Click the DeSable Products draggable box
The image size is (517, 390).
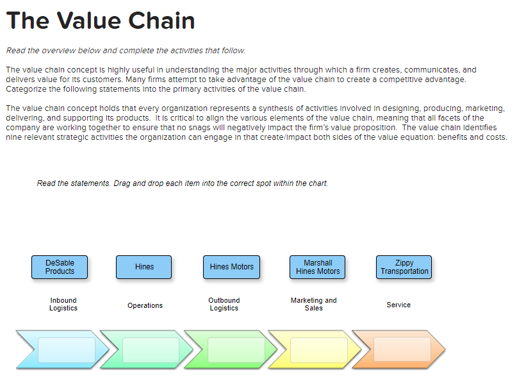click(x=60, y=267)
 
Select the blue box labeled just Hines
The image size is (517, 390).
click(x=144, y=267)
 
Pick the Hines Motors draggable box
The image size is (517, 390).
click(x=232, y=267)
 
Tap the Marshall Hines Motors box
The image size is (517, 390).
click(x=318, y=267)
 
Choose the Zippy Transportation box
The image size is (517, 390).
click(x=404, y=267)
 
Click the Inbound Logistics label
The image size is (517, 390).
click(x=63, y=304)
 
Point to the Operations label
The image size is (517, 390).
click(x=145, y=305)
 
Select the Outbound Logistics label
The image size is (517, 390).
click(x=224, y=304)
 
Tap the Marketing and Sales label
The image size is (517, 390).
click(x=313, y=304)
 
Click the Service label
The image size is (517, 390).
click(x=398, y=305)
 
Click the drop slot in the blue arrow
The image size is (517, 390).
click(x=67, y=350)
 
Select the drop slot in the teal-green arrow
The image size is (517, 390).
click(x=151, y=350)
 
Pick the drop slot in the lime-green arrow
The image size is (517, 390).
click(x=236, y=350)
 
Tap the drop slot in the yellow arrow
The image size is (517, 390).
click(x=319, y=350)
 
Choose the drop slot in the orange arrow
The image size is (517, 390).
click(x=402, y=350)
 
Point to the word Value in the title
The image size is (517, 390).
click(x=89, y=21)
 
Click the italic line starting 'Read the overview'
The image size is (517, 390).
click(x=126, y=51)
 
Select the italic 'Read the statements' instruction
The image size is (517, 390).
click(x=183, y=183)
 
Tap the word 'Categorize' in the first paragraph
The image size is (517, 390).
click(x=26, y=89)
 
